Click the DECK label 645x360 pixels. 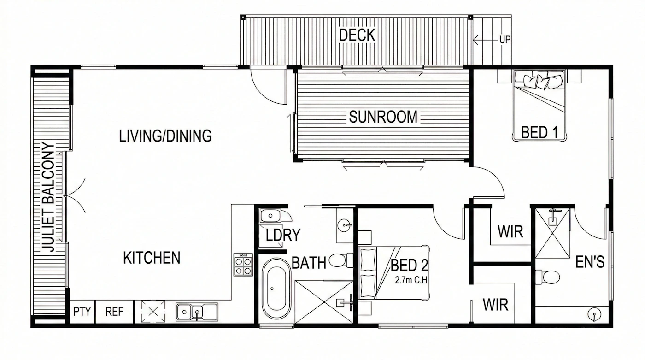click(357, 35)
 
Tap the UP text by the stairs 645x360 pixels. click(505, 40)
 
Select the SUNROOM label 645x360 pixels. click(383, 117)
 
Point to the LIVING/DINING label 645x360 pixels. click(165, 136)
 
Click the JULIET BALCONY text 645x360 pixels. click(48, 197)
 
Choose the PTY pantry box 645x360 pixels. click(82, 311)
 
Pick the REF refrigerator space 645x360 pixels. click(114, 311)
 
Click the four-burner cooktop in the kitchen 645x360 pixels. click(243, 265)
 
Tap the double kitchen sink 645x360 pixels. click(197, 312)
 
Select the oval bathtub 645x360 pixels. click(276, 288)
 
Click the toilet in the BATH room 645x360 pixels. click(341, 260)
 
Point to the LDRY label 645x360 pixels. click(283, 235)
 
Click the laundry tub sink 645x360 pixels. click(270, 215)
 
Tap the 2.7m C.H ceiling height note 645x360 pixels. click(411, 280)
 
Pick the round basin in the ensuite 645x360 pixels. click(594, 314)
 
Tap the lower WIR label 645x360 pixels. click(495, 305)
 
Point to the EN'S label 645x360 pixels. click(590, 262)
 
